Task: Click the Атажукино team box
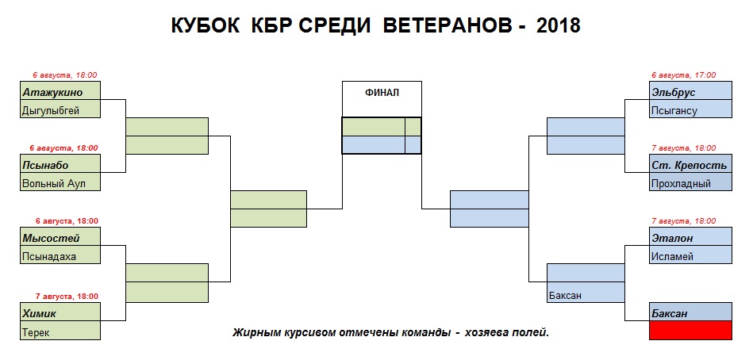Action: (61, 91)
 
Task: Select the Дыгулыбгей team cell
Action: (61, 109)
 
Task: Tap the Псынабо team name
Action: (61, 165)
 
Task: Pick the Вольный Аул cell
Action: (61, 183)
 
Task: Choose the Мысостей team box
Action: (61, 237)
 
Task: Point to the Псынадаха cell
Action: (61, 255)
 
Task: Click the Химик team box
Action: (61, 314)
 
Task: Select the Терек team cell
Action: (61, 332)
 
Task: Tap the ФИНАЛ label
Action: (382, 93)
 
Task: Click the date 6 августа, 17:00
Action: (683, 75)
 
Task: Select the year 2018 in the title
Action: (558, 26)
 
